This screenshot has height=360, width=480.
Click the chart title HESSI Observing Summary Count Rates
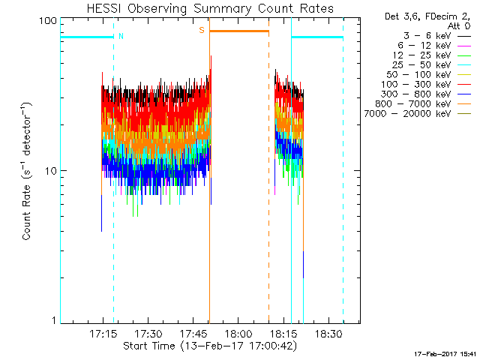209,8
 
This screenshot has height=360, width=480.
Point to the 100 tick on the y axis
49,20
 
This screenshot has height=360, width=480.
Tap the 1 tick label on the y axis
55,320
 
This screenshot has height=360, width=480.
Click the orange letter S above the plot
201,30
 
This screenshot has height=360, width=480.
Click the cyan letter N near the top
121,36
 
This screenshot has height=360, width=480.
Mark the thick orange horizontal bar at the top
238,31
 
